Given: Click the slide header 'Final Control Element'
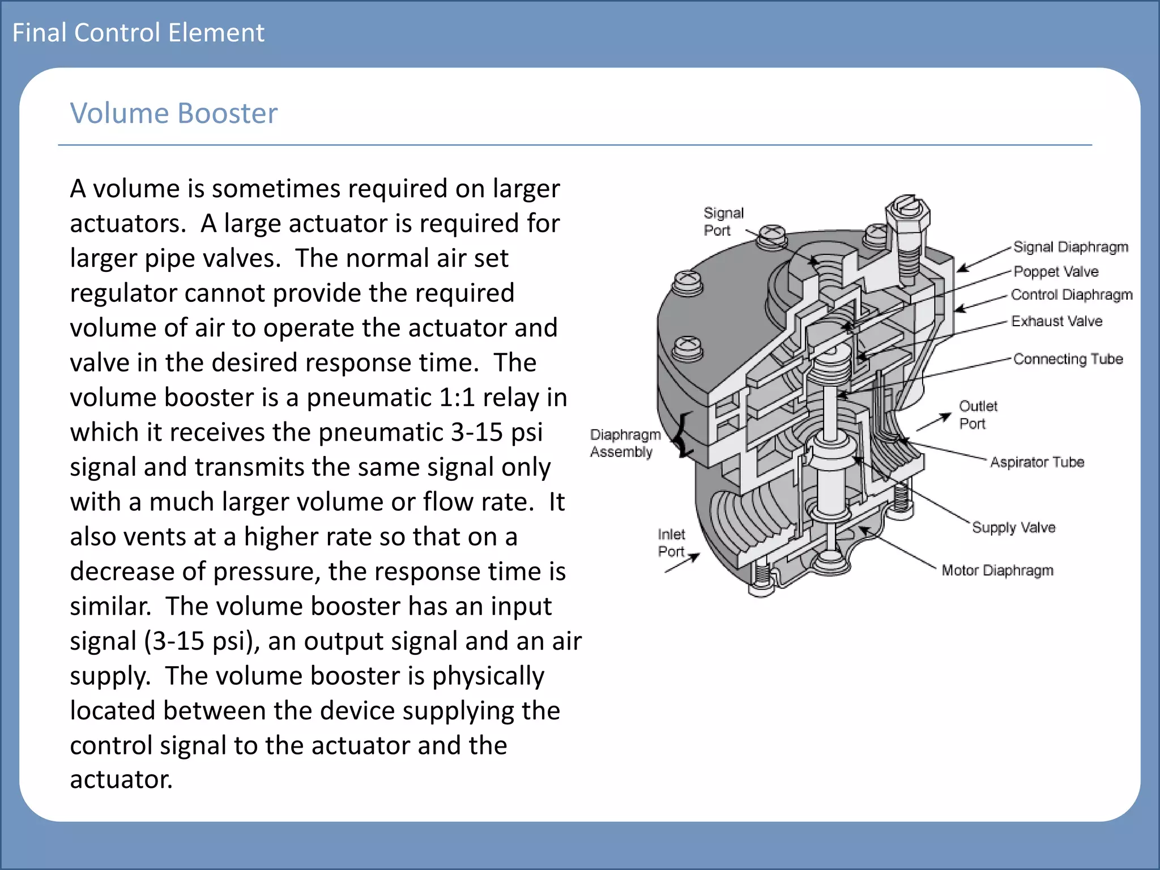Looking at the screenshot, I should point(138,33).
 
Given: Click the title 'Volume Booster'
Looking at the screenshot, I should point(173,113).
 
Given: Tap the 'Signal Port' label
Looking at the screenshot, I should point(723,221).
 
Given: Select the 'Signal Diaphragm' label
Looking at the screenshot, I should point(1070,247).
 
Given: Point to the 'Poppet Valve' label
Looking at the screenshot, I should point(1055,272).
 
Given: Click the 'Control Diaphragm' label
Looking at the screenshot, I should point(1071,295).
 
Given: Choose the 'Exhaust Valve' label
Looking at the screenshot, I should point(1056,321).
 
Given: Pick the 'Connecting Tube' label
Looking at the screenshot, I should point(1068,359).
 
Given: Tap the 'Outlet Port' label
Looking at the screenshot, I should point(978,415).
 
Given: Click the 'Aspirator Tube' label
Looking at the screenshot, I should point(1037,462).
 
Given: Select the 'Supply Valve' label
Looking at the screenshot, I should point(1013,527).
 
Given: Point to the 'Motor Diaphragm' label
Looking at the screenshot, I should point(997,570).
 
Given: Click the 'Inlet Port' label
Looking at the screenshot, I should point(671,543).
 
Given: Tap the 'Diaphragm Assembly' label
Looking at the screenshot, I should point(624,443).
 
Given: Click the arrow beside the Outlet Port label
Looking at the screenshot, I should point(933,423).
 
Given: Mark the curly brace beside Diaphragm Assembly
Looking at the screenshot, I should point(685,435).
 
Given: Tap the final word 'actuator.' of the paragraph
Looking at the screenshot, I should point(121,779).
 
